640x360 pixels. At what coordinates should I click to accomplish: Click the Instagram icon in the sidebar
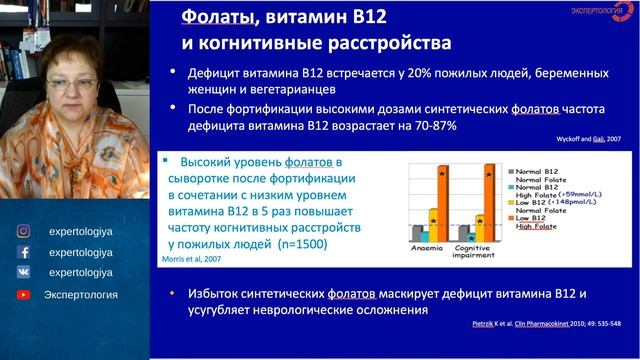[x=23, y=230]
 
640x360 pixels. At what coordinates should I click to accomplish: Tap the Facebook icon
[x=23, y=252]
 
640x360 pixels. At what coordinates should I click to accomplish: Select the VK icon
[x=23, y=272]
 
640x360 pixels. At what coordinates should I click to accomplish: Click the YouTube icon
[x=23, y=294]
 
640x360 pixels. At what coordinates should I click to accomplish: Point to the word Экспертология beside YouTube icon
[x=81, y=294]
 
